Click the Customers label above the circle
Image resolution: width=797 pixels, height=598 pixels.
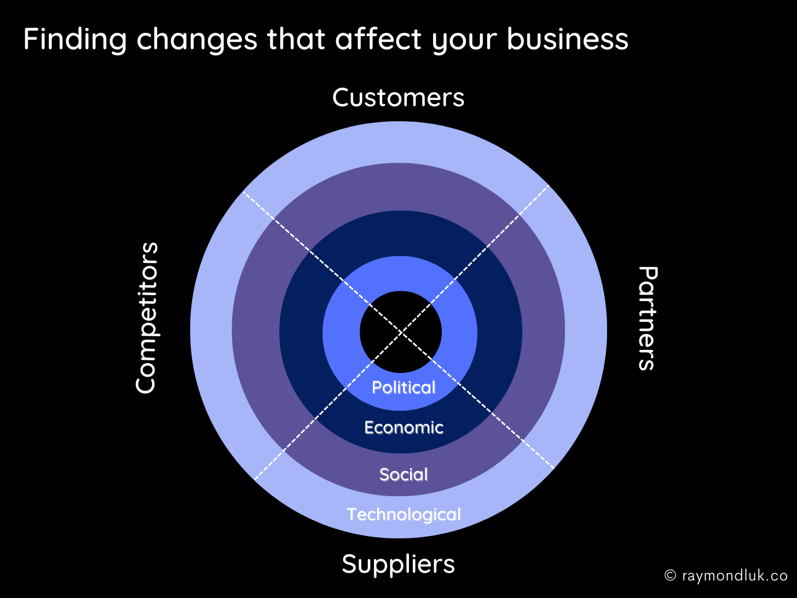[x=398, y=98]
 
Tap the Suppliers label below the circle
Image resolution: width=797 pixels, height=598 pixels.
[x=398, y=564]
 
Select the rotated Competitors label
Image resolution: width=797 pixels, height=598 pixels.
[x=147, y=318]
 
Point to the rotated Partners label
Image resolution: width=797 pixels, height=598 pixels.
[x=647, y=318]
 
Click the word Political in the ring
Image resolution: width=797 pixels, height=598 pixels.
[x=403, y=388]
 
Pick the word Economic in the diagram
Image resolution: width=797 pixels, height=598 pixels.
[x=403, y=428]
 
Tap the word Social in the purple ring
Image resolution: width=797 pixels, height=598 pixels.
[x=403, y=474]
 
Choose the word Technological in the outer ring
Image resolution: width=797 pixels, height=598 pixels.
[x=403, y=515]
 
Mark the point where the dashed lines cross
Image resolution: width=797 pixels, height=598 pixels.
[x=401, y=332]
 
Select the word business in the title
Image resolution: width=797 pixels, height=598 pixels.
[x=567, y=39]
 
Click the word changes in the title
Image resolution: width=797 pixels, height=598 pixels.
[x=197, y=39]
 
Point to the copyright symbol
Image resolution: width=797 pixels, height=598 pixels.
[x=670, y=576]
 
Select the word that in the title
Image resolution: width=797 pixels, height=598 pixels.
[x=297, y=39]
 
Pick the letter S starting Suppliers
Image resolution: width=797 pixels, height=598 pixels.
[x=350, y=564]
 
